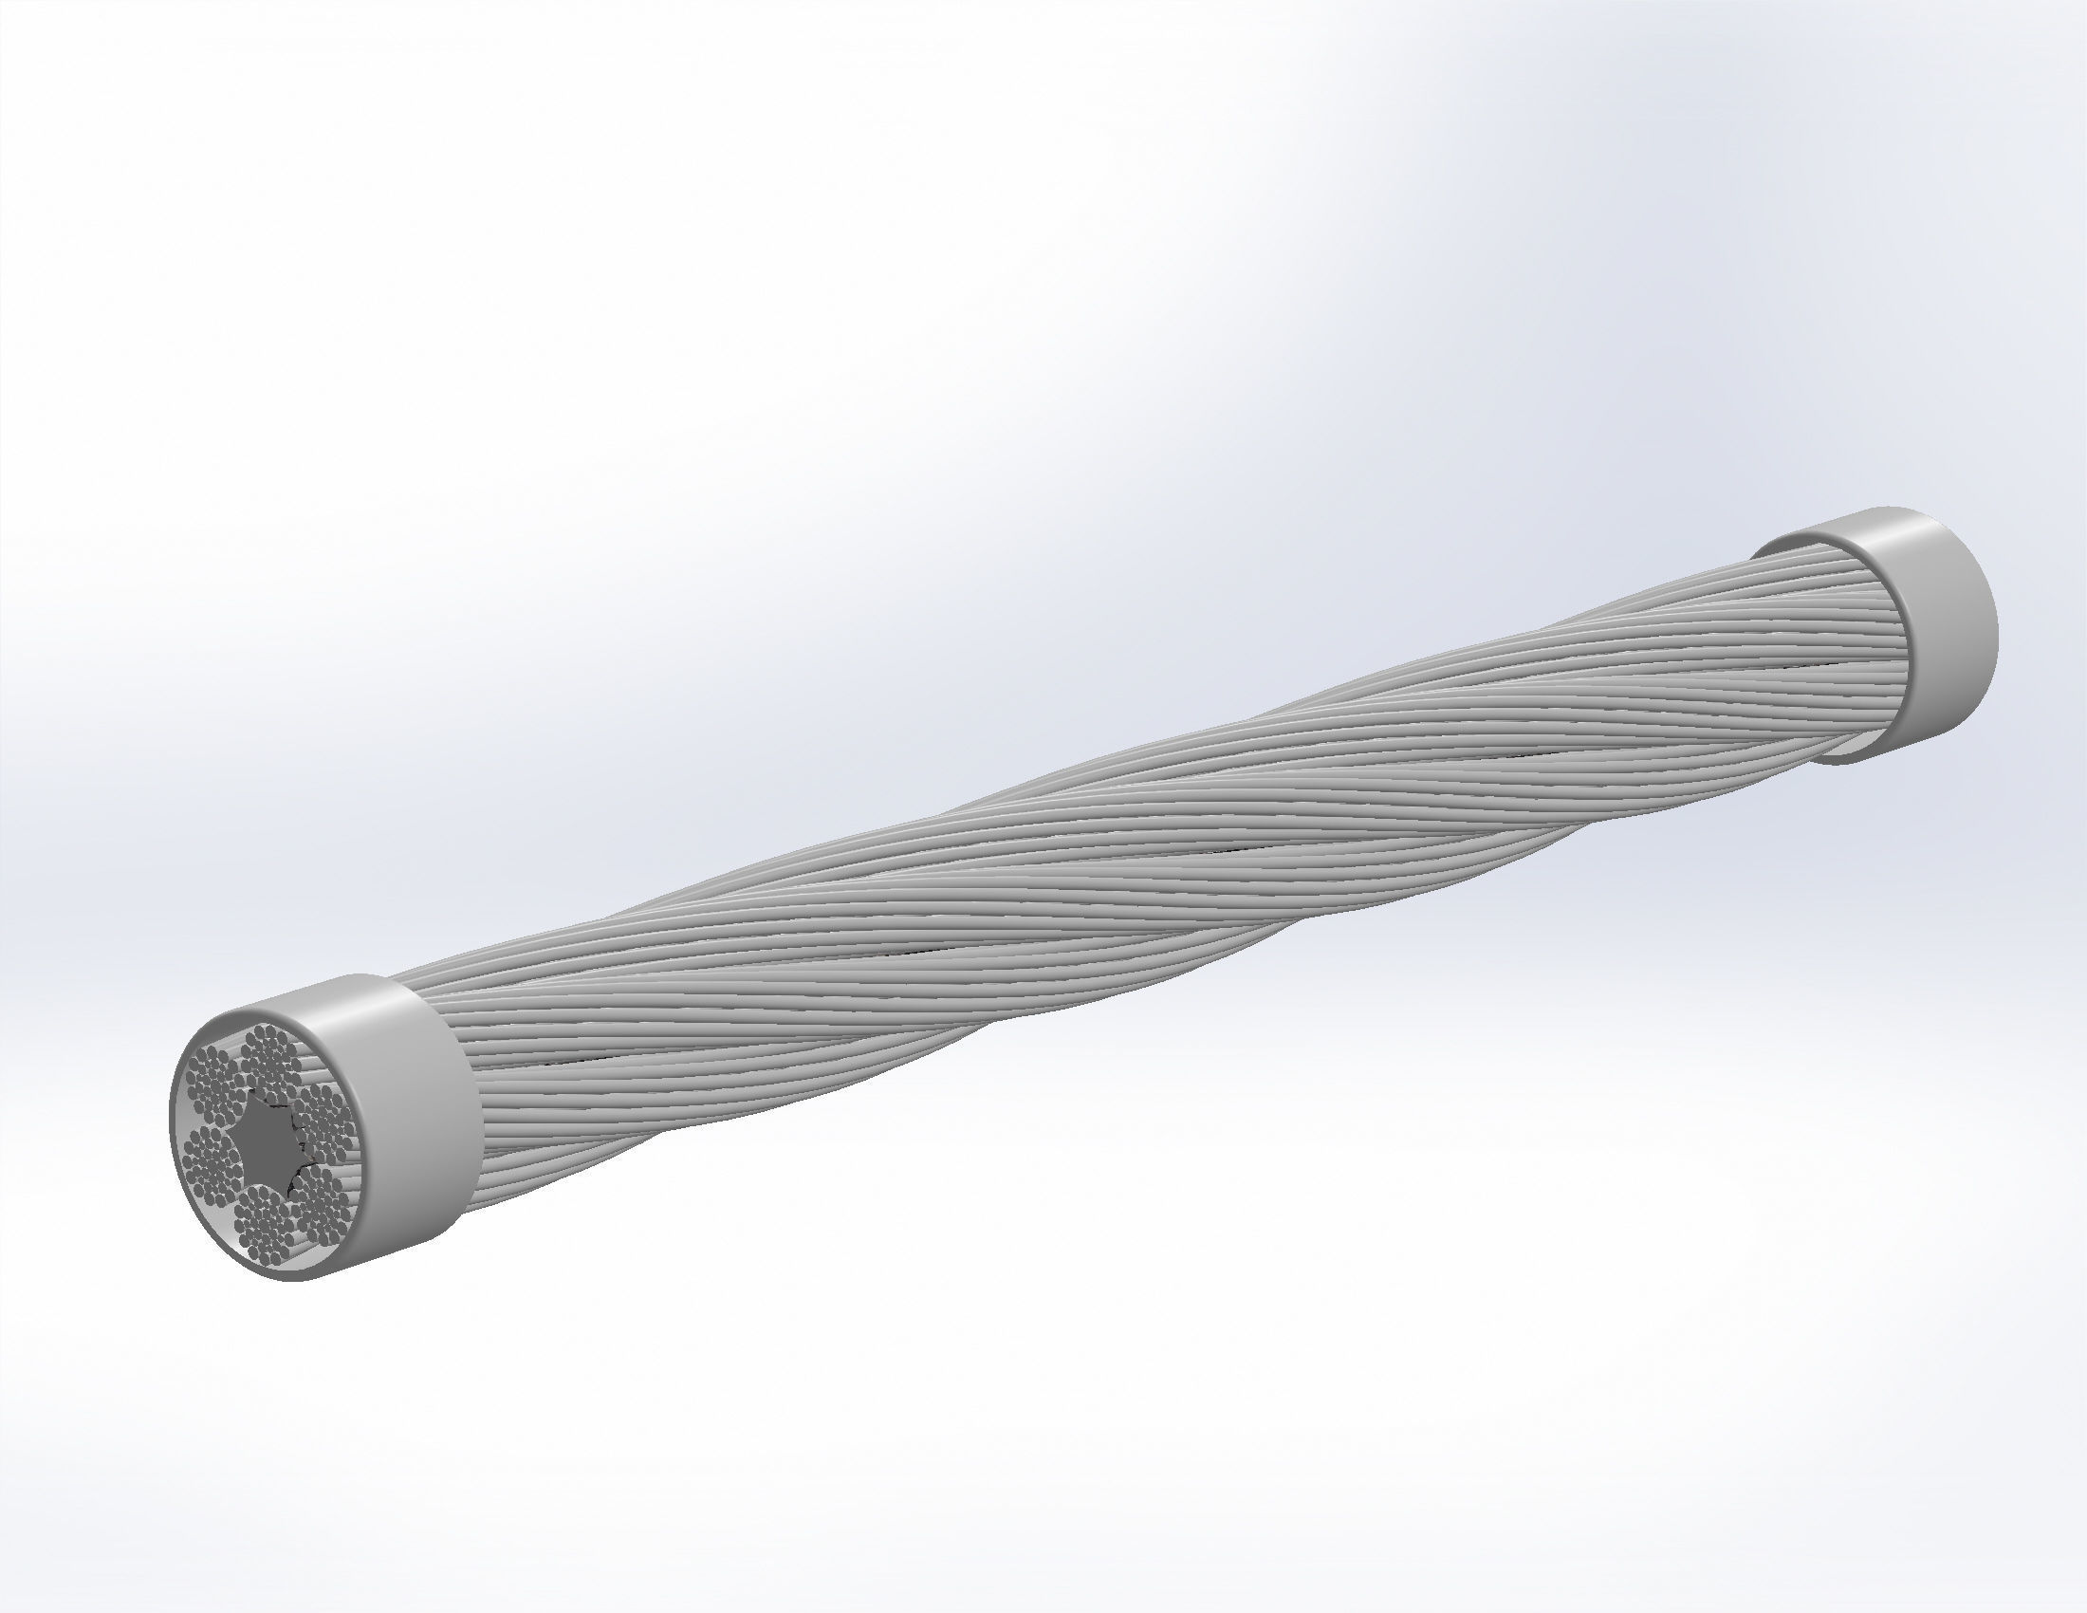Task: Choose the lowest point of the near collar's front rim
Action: (286, 1280)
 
